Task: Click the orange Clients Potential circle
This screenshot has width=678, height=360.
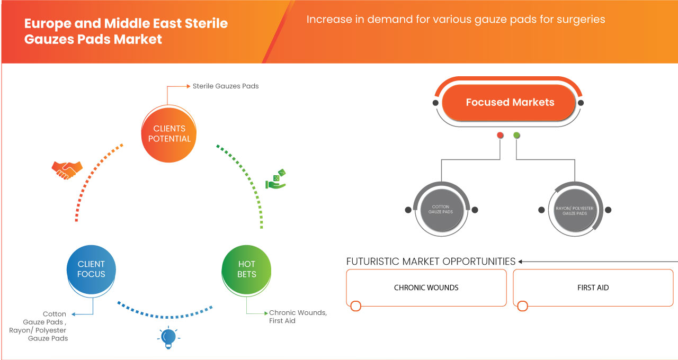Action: (x=169, y=133)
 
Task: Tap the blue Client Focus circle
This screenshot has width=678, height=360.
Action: (x=91, y=269)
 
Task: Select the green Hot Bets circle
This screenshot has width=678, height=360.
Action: (x=247, y=269)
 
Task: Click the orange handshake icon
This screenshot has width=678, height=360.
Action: (x=67, y=169)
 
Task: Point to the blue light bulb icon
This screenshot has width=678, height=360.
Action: (x=168, y=337)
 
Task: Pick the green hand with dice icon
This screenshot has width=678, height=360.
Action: (x=275, y=179)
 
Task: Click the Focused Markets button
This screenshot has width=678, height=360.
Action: (x=510, y=103)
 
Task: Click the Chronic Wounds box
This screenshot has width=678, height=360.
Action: (x=426, y=287)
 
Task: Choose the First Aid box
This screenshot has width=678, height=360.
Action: (x=593, y=287)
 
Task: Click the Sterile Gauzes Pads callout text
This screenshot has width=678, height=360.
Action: (x=226, y=86)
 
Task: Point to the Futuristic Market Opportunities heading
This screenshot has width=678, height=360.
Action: (x=431, y=262)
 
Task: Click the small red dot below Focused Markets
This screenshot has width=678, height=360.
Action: (x=500, y=136)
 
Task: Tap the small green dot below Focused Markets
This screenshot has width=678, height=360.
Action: (x=516, y=136)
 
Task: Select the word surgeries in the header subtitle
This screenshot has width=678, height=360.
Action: (x=582, y=20)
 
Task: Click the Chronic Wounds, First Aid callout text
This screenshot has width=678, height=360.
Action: (x=297, y=317)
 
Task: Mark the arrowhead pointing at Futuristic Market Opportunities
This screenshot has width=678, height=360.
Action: (x=521, y=262)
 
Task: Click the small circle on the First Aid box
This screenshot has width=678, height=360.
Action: (x=523, y=306)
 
